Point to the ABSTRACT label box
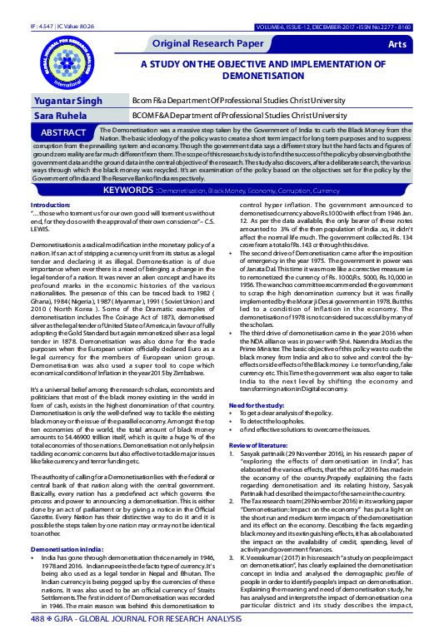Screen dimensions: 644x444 [61, 134]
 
